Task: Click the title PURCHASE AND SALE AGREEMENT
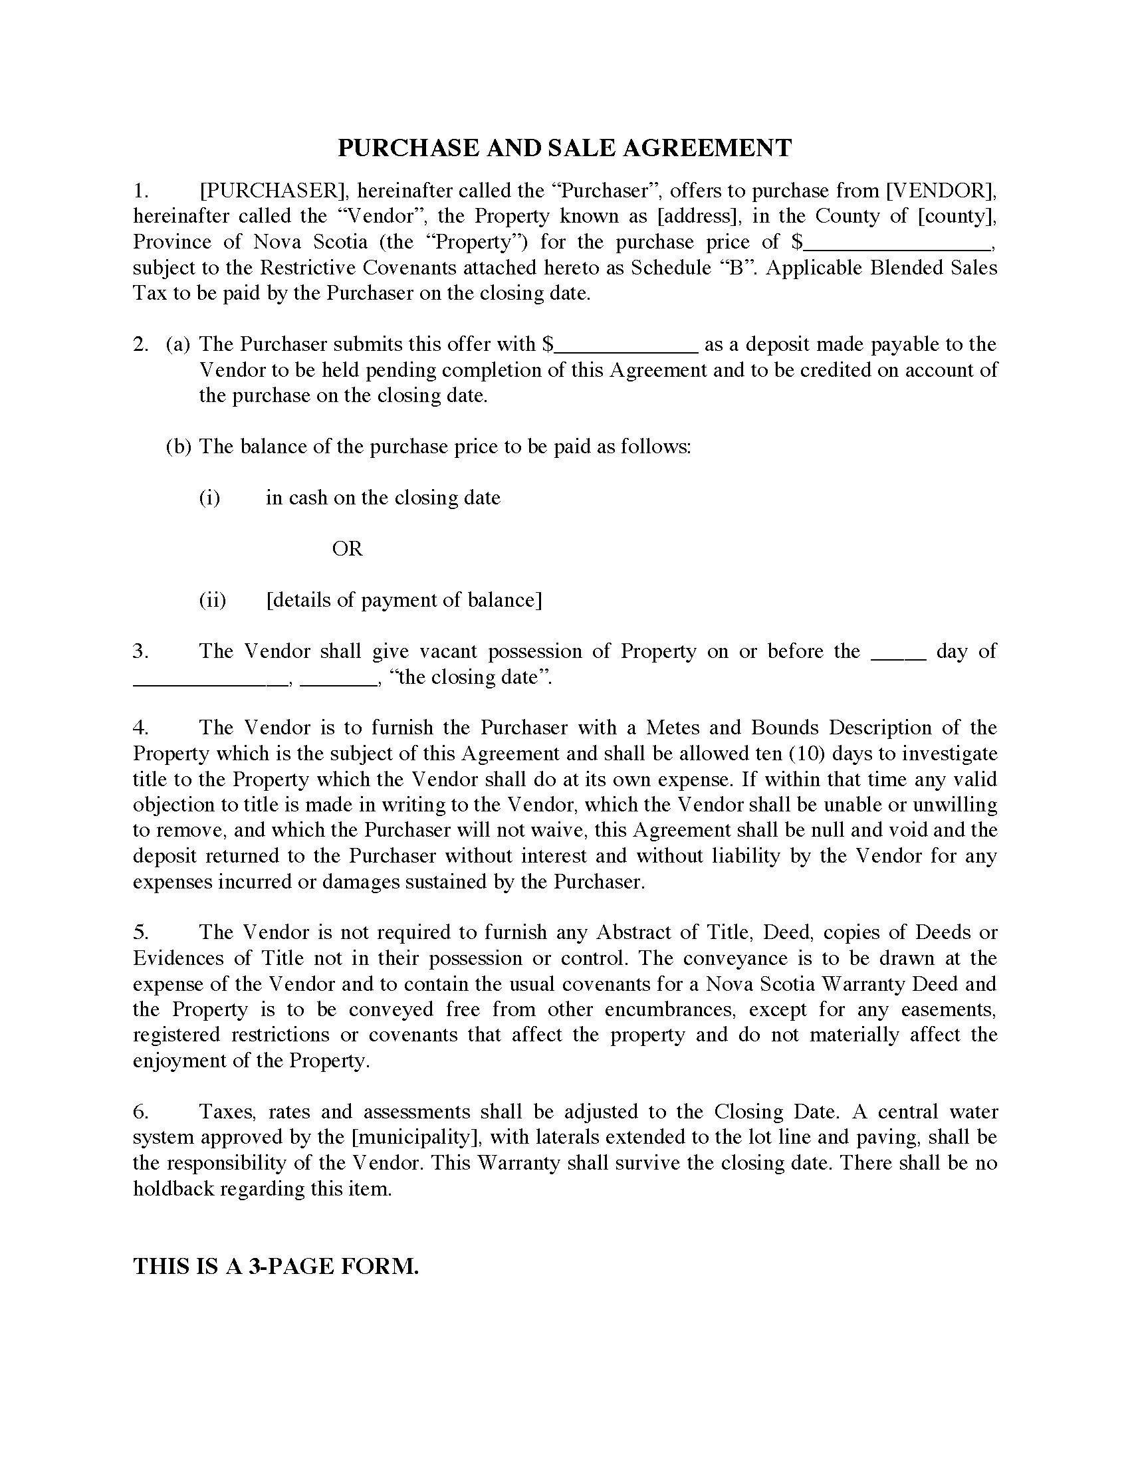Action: (x=564, y=148)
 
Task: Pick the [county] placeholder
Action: (x=956, y=216)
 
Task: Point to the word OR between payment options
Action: (x=347, y=549)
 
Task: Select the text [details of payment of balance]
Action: (x=403, y=600)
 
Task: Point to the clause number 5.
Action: (x=140, y=932)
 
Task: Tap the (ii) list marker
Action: (x=212, y=600)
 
